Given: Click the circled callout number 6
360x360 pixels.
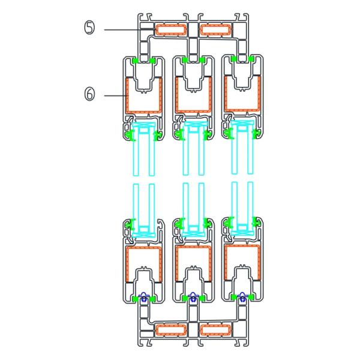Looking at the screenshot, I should pyautogui.click(x=88, y=95).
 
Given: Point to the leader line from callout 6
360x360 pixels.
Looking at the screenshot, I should pyautogui.click(x=114, y=95).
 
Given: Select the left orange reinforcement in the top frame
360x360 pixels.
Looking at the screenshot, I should pyautogui.click(x=170, y=29).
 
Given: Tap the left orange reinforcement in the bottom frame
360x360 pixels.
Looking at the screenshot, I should pyautogui.click(x=170, y=329).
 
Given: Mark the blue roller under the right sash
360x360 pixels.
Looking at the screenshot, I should pyautogui.click(x=242, y=295).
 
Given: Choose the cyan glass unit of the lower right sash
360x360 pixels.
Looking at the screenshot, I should pyautogui.click(x=242, y=204).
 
